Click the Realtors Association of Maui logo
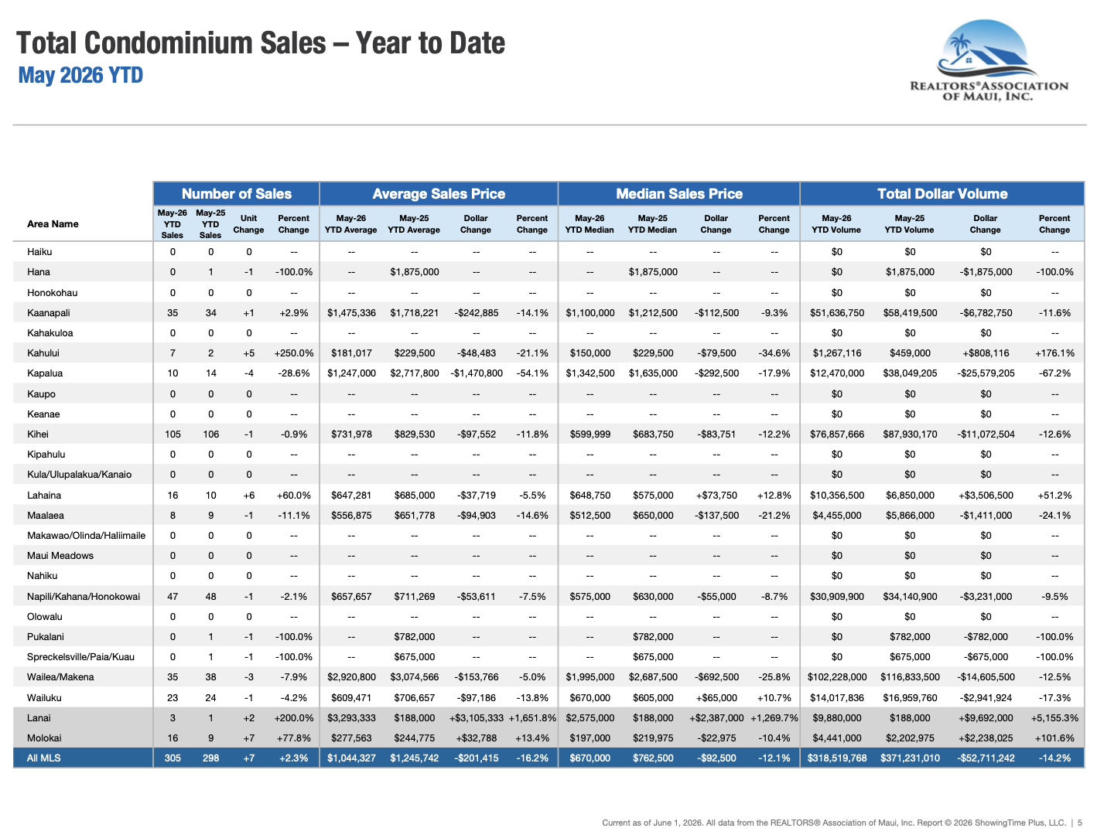988,60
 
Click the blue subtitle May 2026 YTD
80,76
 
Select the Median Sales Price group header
678,194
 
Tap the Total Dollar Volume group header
942,194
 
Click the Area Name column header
53,223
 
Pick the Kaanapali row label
49,312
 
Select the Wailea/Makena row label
60,676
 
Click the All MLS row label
44,758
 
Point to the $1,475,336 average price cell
351,312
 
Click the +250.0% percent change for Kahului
294,353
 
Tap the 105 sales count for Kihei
173,434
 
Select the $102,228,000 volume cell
836,676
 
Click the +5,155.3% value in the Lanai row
1054,717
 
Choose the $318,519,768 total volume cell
836,758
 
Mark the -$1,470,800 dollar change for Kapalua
476,373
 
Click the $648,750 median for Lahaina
590,495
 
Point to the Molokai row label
44,738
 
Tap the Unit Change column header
248,223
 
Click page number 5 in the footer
1079,823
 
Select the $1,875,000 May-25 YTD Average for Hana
415,271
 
